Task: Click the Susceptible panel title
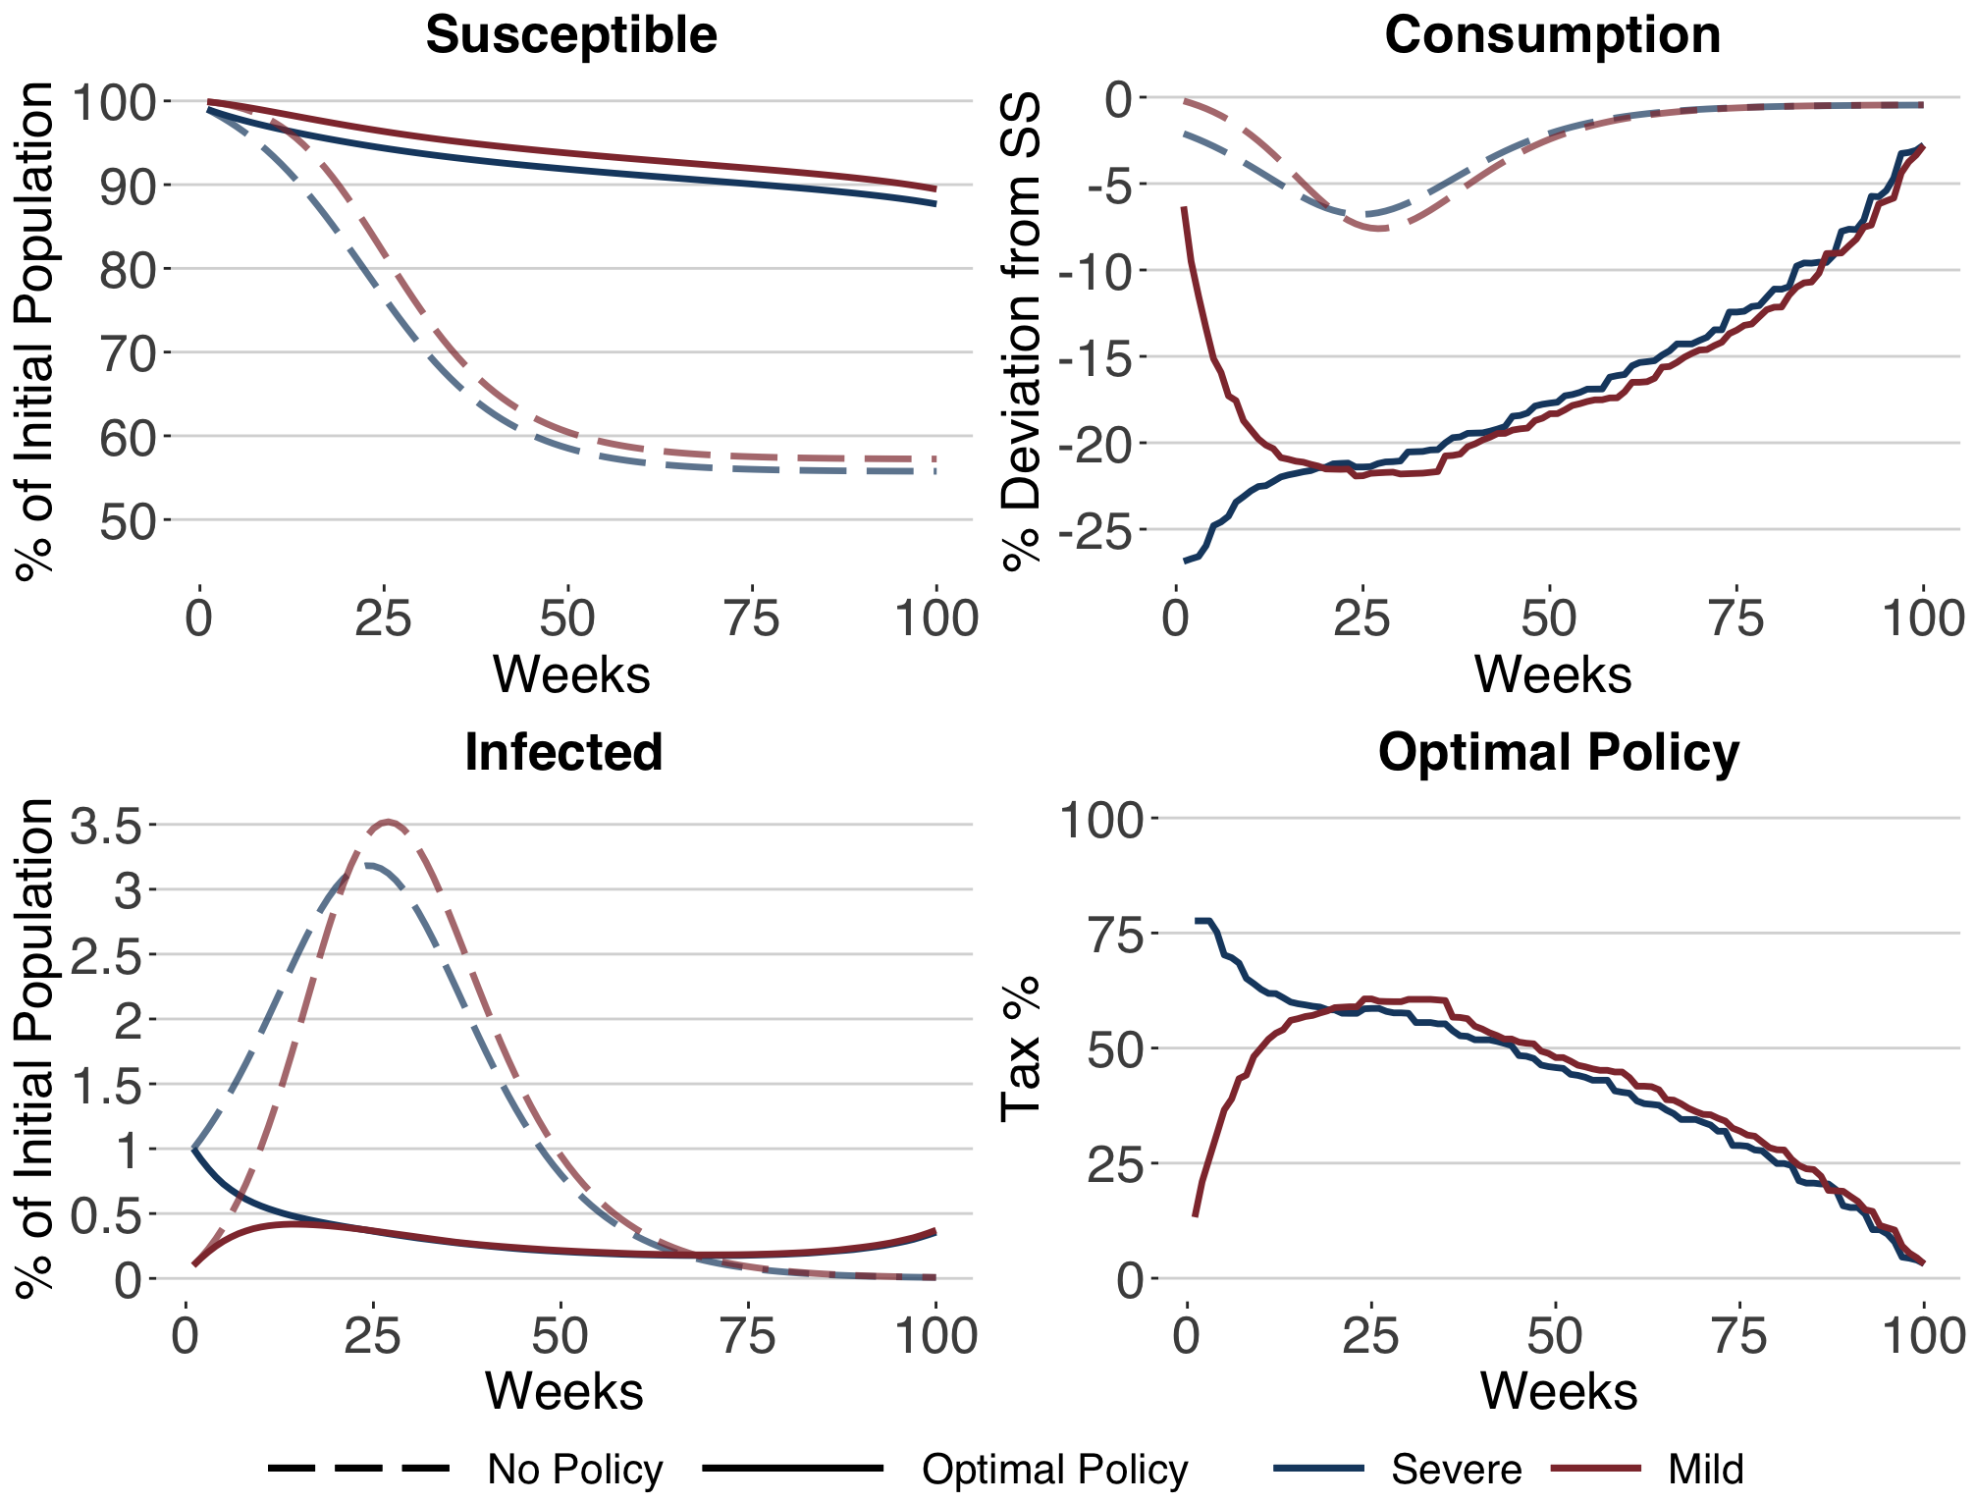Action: pyautogui.click(x=571, y=35)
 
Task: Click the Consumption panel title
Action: pyautogui.click(x=1552, y=35)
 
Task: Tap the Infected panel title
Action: pyautogui.click(x=563, y=753)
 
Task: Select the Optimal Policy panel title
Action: pyautogui.click(x=1558, y=753)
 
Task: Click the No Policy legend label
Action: pyautogui.click(x=575, y=1470)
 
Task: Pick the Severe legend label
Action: pyautogui.click(x=1456, y=1470)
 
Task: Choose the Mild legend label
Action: pyautogui.click(x=1705, y=1470)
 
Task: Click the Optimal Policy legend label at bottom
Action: pyautogui.click(x=1055, y=1470)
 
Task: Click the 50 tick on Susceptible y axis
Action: pyautogui.click(x=129, y=521)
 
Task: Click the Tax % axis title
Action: pyautogui.click(x=1020, y=1048)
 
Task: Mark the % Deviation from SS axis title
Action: pyautogui.click(x=1020, y=331)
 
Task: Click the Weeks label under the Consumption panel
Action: pyautogui.click(x=1552, y=675)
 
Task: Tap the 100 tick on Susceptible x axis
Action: pyautogui.click(x=936, y=619)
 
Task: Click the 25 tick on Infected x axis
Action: pyautogui.click(x=373, y=1336)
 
